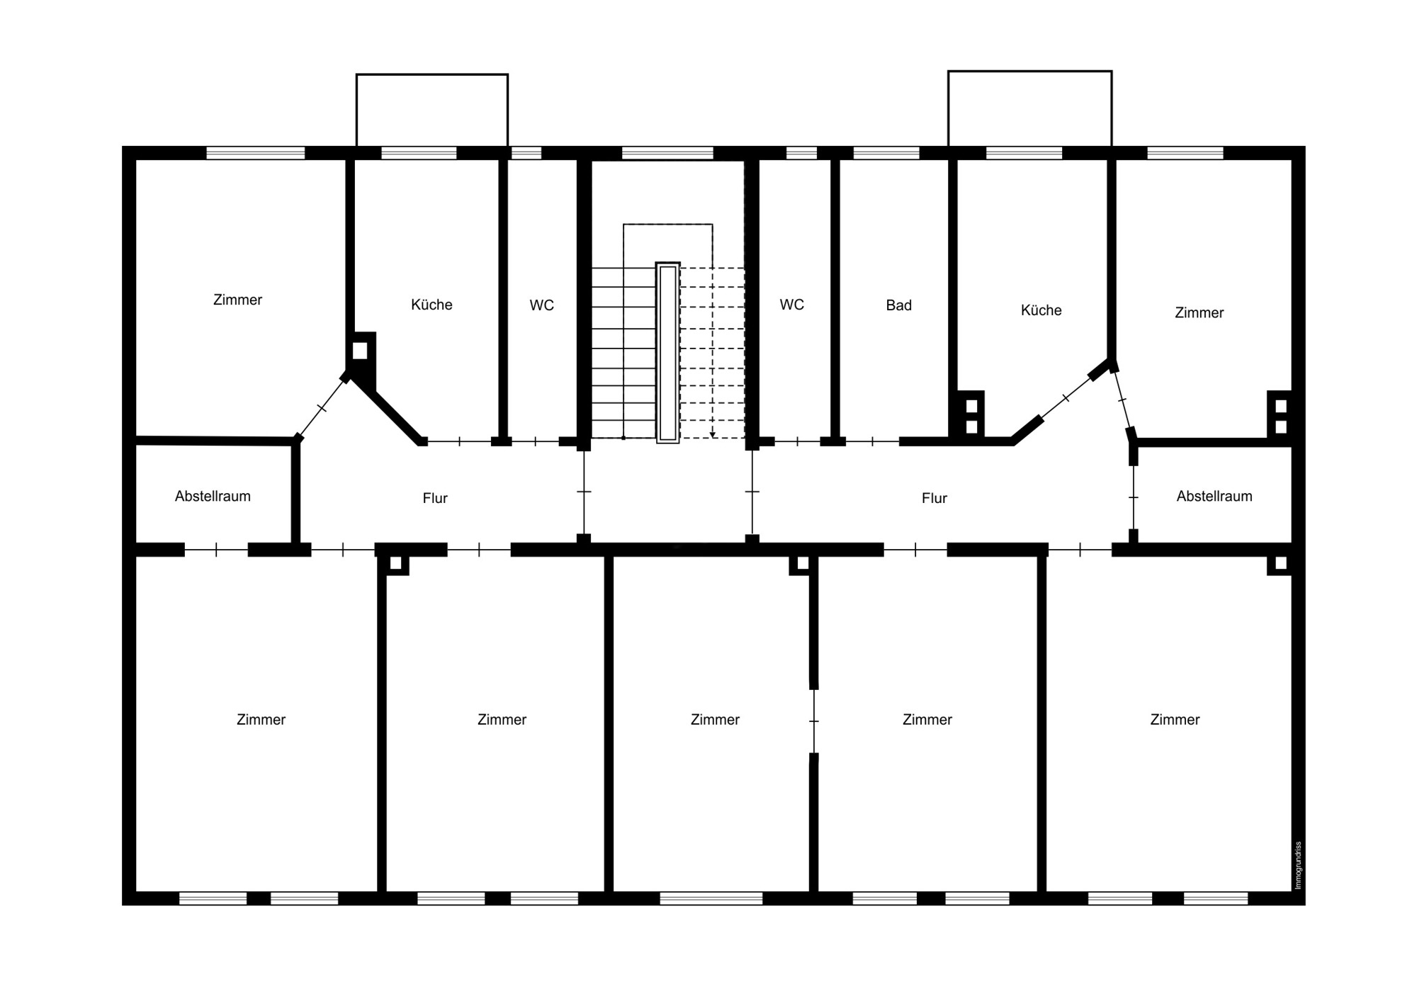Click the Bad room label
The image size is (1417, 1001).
(898, 305)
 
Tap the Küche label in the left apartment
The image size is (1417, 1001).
(431, 305)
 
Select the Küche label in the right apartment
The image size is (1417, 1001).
(1041, 310)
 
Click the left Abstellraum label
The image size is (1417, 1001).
(213, 496)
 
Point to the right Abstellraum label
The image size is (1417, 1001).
(1214, 496)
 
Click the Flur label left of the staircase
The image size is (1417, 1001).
(435, 498)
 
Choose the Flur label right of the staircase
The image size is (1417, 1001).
(934, 498)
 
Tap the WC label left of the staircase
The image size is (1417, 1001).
(541, 305)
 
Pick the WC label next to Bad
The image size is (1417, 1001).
(791, 305)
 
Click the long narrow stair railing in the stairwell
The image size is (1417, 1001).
(667, 353)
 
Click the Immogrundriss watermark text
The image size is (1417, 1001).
(1298, 865)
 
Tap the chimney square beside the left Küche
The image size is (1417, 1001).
(360, 351)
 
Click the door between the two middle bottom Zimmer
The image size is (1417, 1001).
(813, 721)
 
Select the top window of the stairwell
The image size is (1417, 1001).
(667, 153)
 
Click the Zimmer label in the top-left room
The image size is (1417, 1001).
(237, 300)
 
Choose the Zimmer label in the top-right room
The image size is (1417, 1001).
(1199, 312)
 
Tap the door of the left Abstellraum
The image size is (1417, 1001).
(216, 550)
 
